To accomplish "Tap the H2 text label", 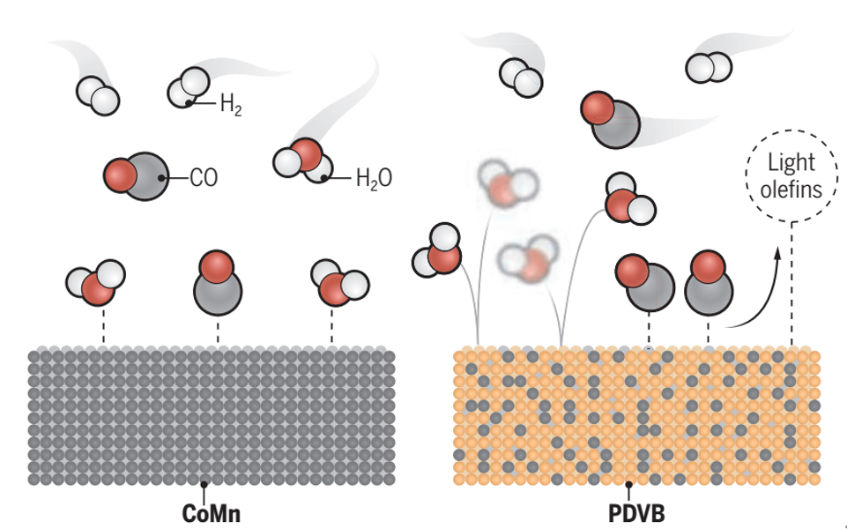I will point(231,107).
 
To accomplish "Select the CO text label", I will point(203,179).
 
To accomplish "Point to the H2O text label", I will point(373,179).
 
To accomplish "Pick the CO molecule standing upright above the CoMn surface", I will point(217,282).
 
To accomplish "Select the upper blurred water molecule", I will point(506,186).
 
